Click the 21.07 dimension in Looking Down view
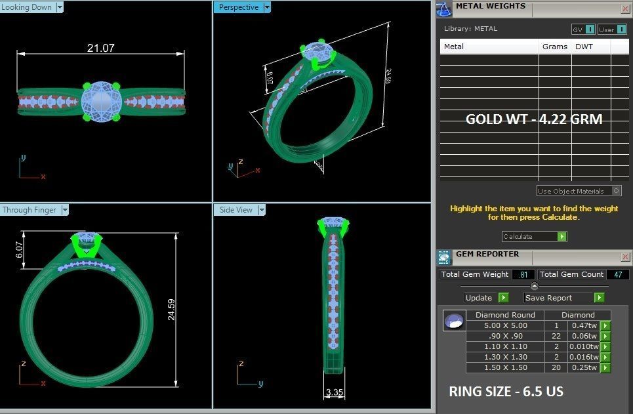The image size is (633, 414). click(100, 48)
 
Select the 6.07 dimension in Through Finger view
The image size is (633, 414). click(20, 249)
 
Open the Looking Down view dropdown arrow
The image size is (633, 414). click(60, 7)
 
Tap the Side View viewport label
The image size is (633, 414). click(235, 210)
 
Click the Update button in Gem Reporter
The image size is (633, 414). click(486, 298)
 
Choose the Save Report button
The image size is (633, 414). click(564, 298)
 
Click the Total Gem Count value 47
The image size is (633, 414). click(617, 274)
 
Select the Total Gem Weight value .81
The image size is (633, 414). click(523, 274)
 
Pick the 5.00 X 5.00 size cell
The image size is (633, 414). click(505, 325)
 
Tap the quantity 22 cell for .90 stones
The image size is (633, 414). click(556, 336)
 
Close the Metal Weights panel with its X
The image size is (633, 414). click(625, 9)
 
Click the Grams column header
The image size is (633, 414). click(555, 47)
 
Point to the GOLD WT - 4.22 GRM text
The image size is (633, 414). click(533, 119)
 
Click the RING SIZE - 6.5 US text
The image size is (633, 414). click(506, 392)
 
